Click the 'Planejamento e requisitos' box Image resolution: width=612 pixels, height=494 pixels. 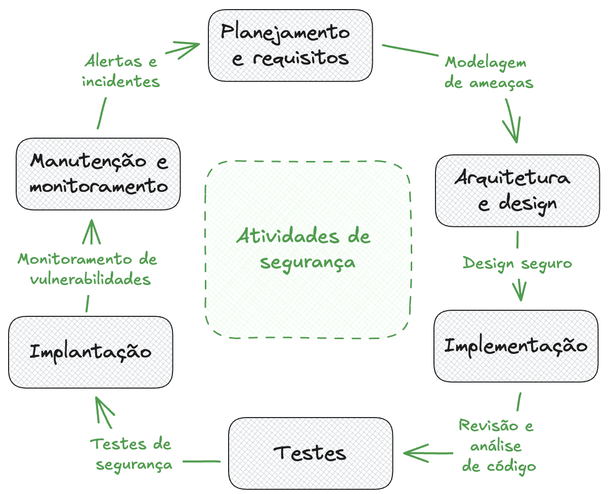[x=290, y=46]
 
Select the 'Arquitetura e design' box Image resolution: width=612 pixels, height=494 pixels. [x=517, y=190]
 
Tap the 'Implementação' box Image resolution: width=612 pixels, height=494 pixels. [x=516, y=346]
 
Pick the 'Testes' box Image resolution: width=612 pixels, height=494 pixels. [x=311, y=452]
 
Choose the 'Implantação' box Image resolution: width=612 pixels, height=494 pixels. [x=91, y=352]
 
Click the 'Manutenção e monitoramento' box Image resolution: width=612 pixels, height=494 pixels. [x=98, y=174]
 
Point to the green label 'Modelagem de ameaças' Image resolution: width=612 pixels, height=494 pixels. [x=489, y=72]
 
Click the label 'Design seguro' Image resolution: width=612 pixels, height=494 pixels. [x=517, y=263]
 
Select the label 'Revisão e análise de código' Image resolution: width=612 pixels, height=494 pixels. [x=498, y=445]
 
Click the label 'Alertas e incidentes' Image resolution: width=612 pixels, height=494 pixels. [x=121, y=71]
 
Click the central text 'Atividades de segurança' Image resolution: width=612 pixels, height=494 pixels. [x=303, y=249]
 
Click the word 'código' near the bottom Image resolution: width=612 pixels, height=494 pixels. [x=511, y=466]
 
